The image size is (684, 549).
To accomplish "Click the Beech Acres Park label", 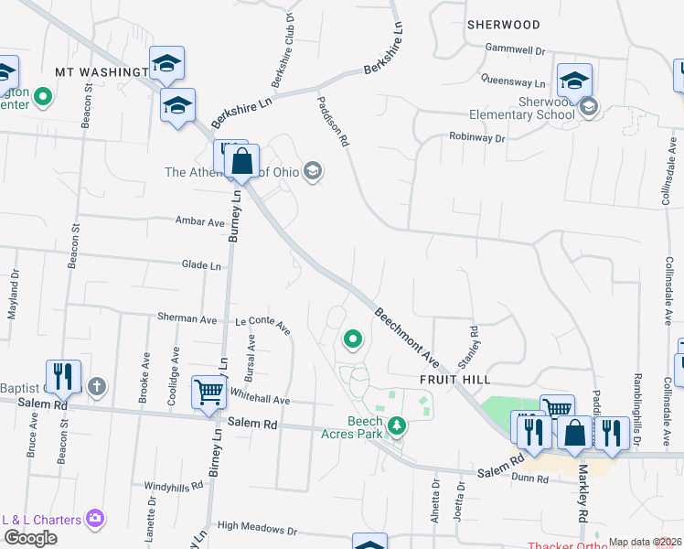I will click(x=352, y=427).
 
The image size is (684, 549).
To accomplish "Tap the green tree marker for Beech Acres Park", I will click(x=397, y=425).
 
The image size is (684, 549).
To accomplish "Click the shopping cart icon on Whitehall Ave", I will click(x=209, y=393).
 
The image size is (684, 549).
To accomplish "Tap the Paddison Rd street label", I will click(x=333, y=122).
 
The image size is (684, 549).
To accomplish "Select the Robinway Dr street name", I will click(x=476, y=137).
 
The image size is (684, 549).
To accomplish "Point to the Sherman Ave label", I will click(x=188, y=318).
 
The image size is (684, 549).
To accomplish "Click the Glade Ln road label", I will click(x=201, y=265).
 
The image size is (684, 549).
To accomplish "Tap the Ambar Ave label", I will click(x=200, y=221).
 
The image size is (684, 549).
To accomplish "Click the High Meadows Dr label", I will click(x=258, y=529).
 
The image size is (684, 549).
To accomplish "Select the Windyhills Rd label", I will click(x=176, y=486).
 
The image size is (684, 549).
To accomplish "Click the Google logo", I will click(x=31, y=537).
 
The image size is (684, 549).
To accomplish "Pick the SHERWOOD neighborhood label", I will click(x=502, y=25).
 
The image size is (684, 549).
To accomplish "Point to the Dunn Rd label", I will click(x=530, y=479).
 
